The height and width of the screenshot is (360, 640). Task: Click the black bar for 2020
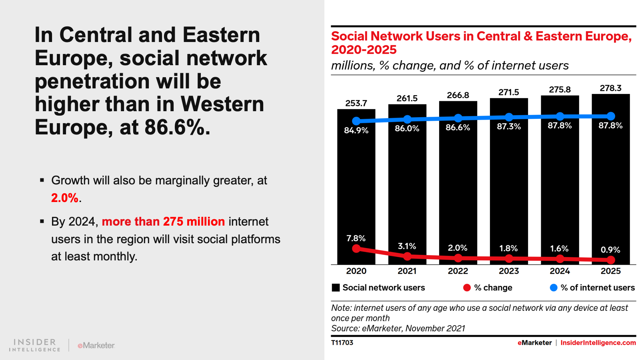pyautogui.click(x=356, y=188)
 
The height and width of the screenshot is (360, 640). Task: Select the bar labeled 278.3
pyautogui.click(x=610, y=188)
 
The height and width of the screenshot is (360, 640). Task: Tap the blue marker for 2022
pyautogui.click(x=458, y=118)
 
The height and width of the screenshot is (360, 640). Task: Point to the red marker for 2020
pyautogui.click(x=356, y=248)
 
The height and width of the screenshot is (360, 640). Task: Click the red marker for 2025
pyautogui.click(x=610, y=260)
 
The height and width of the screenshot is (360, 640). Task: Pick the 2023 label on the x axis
pyautogui.click(x=509, y=271)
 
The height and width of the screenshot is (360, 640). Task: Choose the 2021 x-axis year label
pyautogui.click(x=407, y=271)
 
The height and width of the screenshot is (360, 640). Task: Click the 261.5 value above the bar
pyautogui.click(x=407, y=98)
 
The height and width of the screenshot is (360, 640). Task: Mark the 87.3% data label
pyautogui.click(x=509, y=126)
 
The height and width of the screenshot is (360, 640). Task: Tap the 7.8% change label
pyautogui.click(x=356, y=238)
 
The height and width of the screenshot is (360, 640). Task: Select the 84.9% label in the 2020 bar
pyautogui.click(x=356, y=130)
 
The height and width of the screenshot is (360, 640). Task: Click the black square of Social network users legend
pyautogui.click(x=336, y=288)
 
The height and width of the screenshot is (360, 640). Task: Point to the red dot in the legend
pyautogui.click(x=467, y=288)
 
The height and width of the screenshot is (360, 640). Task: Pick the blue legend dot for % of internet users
pyautogui.click(x=554, y=288)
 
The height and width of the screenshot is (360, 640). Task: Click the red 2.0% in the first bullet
pyautogui.click(x=65, y=198)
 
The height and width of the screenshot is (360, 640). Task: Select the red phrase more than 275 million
pyautogui.click(x=163, y=222)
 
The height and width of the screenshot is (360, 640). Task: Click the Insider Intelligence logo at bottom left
pyautogui.click(x=35, y=345)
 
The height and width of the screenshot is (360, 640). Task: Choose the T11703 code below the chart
pyautogui.click(x=342, y=343)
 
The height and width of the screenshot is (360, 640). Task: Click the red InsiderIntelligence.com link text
pyautogui.click(x=598, y=343)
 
